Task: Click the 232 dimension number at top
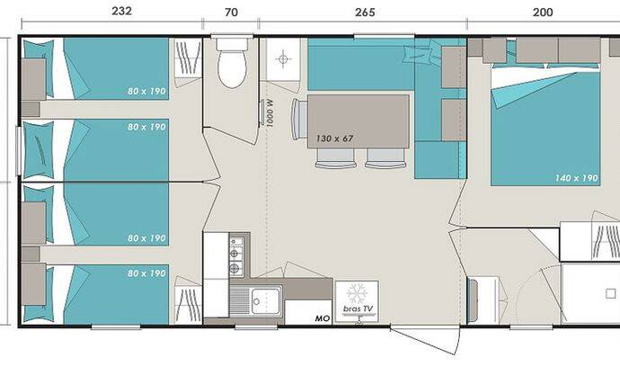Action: click(121, 11)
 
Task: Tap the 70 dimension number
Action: click(231, 13)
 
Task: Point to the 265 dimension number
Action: click(365, 13)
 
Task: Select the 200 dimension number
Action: click(543, 13)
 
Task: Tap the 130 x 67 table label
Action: click(334, 138)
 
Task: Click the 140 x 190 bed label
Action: click(577, 178)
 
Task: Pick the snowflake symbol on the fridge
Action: click(357, 293)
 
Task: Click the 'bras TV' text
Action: click(358, 308)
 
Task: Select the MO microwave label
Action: click(323, 318)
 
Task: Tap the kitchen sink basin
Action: click(266, 301)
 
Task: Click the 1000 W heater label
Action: click(270, 113)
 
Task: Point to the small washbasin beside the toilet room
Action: click(283, 59)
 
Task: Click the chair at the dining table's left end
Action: click(299, 120)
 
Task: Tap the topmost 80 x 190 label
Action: click(146, 91)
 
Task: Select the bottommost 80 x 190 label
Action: click(146, 273)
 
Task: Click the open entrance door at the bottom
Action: click(425, 340)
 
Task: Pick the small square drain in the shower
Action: click(610, 293)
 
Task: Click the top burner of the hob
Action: click(236, 242)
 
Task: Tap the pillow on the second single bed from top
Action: click(39, 150)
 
